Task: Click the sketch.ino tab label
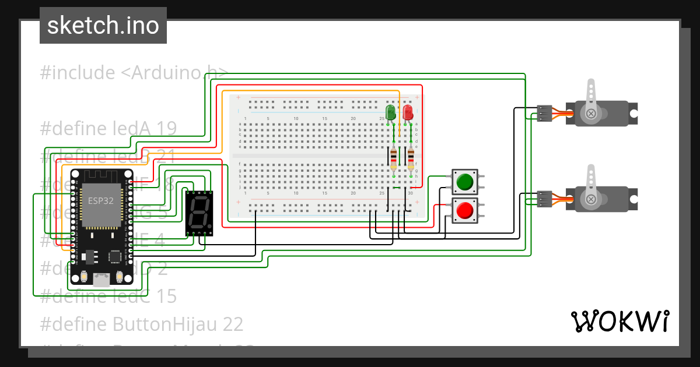click(x=103, y=26)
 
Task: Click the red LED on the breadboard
click(x=408, y=111)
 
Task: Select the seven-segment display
click(x=199, y=213)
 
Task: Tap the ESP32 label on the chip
click(x=101, y=200)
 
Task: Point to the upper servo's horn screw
click(x=591, y=113)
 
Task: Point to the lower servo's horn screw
click(x=591, y=200)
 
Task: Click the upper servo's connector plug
click(x=544, y=113)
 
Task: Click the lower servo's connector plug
click(x=544, y=199)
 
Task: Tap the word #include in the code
click(x=78, y=73)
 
